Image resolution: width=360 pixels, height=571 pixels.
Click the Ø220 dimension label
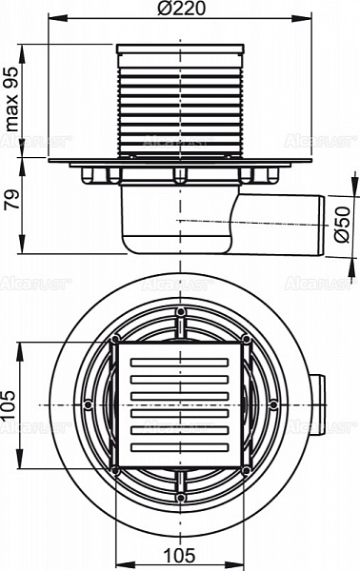point(178,9)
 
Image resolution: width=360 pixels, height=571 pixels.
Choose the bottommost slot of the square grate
point(180,445)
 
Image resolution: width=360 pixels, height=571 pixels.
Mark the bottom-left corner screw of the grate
point(115,469)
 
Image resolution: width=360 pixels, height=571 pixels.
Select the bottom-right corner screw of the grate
point(246,469)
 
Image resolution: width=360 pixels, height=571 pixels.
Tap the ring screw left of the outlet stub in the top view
point(273,404)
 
